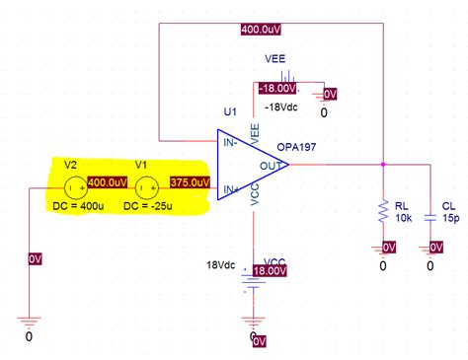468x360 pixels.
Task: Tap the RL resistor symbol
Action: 383,209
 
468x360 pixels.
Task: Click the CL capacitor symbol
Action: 429,214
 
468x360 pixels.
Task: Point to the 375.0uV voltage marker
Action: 189,182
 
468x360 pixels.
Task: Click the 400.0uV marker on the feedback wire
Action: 264,30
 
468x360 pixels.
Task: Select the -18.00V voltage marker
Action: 277,89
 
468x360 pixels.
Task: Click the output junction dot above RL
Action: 383,165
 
